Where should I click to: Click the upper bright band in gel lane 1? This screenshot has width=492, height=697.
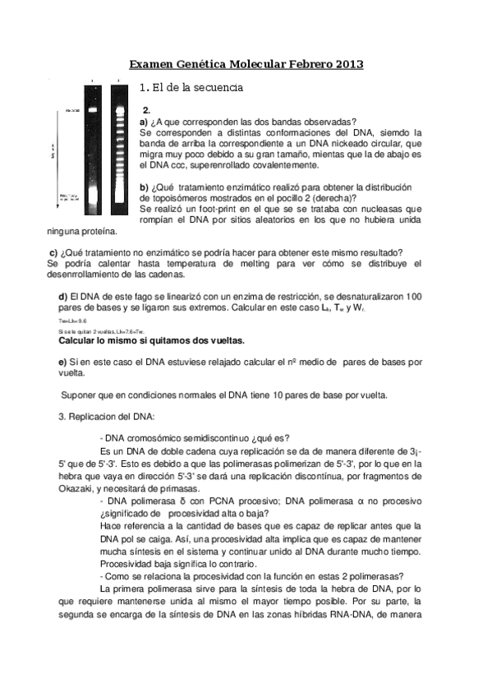coord(92,109)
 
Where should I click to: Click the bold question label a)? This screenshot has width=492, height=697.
coord(145,121)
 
